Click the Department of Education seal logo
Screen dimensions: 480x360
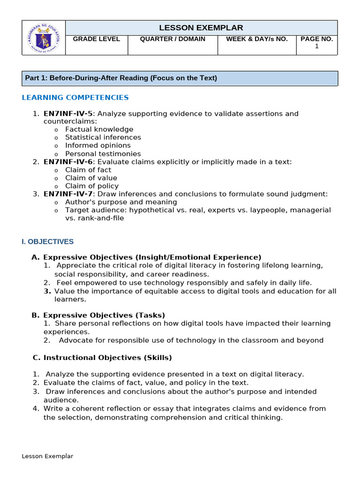pyautogui.click(x=44, y=38)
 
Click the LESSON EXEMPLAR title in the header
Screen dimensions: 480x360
pyautogui.click(x=201, y=28)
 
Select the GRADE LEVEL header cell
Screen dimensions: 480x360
pyautogui.click(x=97, y=39)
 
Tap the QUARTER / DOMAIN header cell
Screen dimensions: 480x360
pyautogui.click(x=172, y=39)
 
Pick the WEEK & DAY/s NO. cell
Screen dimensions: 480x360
pyautogui.click(x=257, y=39)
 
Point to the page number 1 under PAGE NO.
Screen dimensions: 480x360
pyautogui.click(x=317, y=46)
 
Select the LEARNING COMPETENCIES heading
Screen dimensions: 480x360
pyautogui.click(x=75, y=97)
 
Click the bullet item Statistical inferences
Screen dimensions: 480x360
pyautogui.click(x=103, y=137)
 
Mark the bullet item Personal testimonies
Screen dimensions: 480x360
pyautogui.click(x=103, y=154)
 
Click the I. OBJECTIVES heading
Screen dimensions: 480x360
pyautogui.click(x=48, y=242)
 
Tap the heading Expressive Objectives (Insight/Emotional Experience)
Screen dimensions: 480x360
pyautogui.click(x=152, y=257)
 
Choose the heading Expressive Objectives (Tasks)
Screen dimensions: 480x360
pyautogui.click(x=104, y=315)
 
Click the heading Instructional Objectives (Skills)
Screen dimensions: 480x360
pyautogui.click(x=107, y=358)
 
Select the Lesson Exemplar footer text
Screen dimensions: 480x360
pyautogui.click(x=47, y=456)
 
